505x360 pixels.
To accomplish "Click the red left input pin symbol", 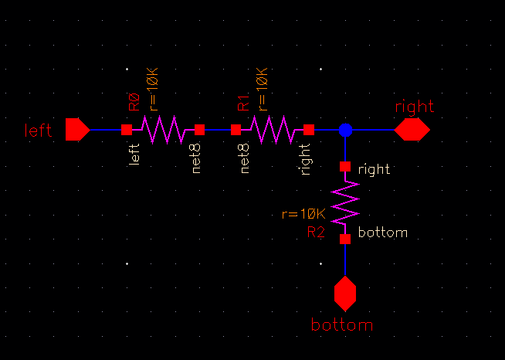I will [x=77, y=129].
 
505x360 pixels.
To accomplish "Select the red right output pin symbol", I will [x=412, y=130].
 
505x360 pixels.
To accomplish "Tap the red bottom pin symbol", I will [x=345, y=294].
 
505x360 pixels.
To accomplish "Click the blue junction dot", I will [x=345, y=130].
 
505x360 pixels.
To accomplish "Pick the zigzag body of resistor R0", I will [x=163, y=130].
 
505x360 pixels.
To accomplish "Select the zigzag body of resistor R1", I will [x=273, y=130].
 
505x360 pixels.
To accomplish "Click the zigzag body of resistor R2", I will [x=345, y=202].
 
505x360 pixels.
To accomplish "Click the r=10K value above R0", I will [x=151, y=90].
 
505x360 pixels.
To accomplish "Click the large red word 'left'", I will [x=38, y=130].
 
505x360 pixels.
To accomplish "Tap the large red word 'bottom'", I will [x=341, y=324].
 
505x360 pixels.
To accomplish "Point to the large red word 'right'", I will [x=415, y=107].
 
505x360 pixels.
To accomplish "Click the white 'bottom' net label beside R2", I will [x=384, y=232].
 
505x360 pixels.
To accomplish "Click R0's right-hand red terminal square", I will [x=199, y=130].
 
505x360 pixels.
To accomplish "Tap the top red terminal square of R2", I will [x=345, y=166].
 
